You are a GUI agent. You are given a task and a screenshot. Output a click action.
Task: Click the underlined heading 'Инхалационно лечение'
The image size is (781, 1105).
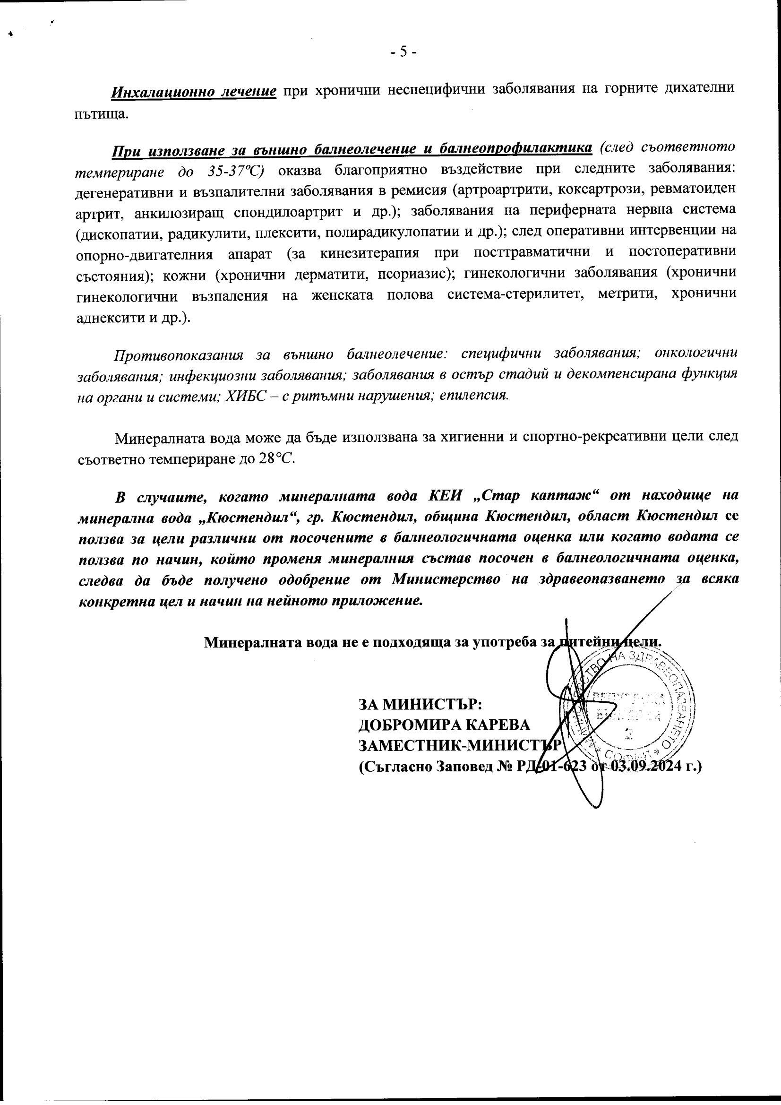[x=194, y=90]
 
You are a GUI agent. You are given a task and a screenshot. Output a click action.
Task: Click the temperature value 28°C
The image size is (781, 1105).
[x=276, y=458]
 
